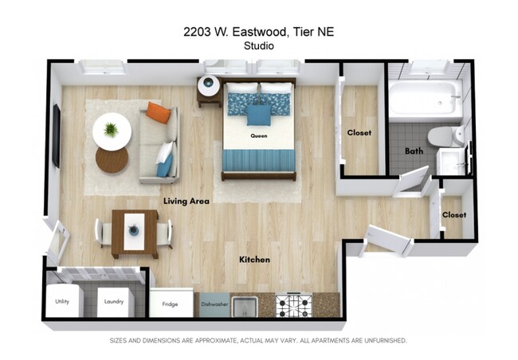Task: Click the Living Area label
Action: [186, 202]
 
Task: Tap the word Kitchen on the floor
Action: [255, 260]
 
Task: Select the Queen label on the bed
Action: [259, 136]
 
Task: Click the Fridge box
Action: [170, 303]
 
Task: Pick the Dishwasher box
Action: [215, 304]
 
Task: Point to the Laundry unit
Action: [114, 302]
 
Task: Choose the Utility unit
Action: [63, 302]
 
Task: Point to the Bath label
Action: [414, 151]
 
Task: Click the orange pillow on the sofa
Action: [159, 113]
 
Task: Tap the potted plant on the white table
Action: [111, 128]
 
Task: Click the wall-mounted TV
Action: [56, 135]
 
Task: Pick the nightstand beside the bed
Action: [209, 89]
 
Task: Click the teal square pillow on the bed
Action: [258, 115]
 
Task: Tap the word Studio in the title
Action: [259, 45]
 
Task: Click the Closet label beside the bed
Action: [359, 133]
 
